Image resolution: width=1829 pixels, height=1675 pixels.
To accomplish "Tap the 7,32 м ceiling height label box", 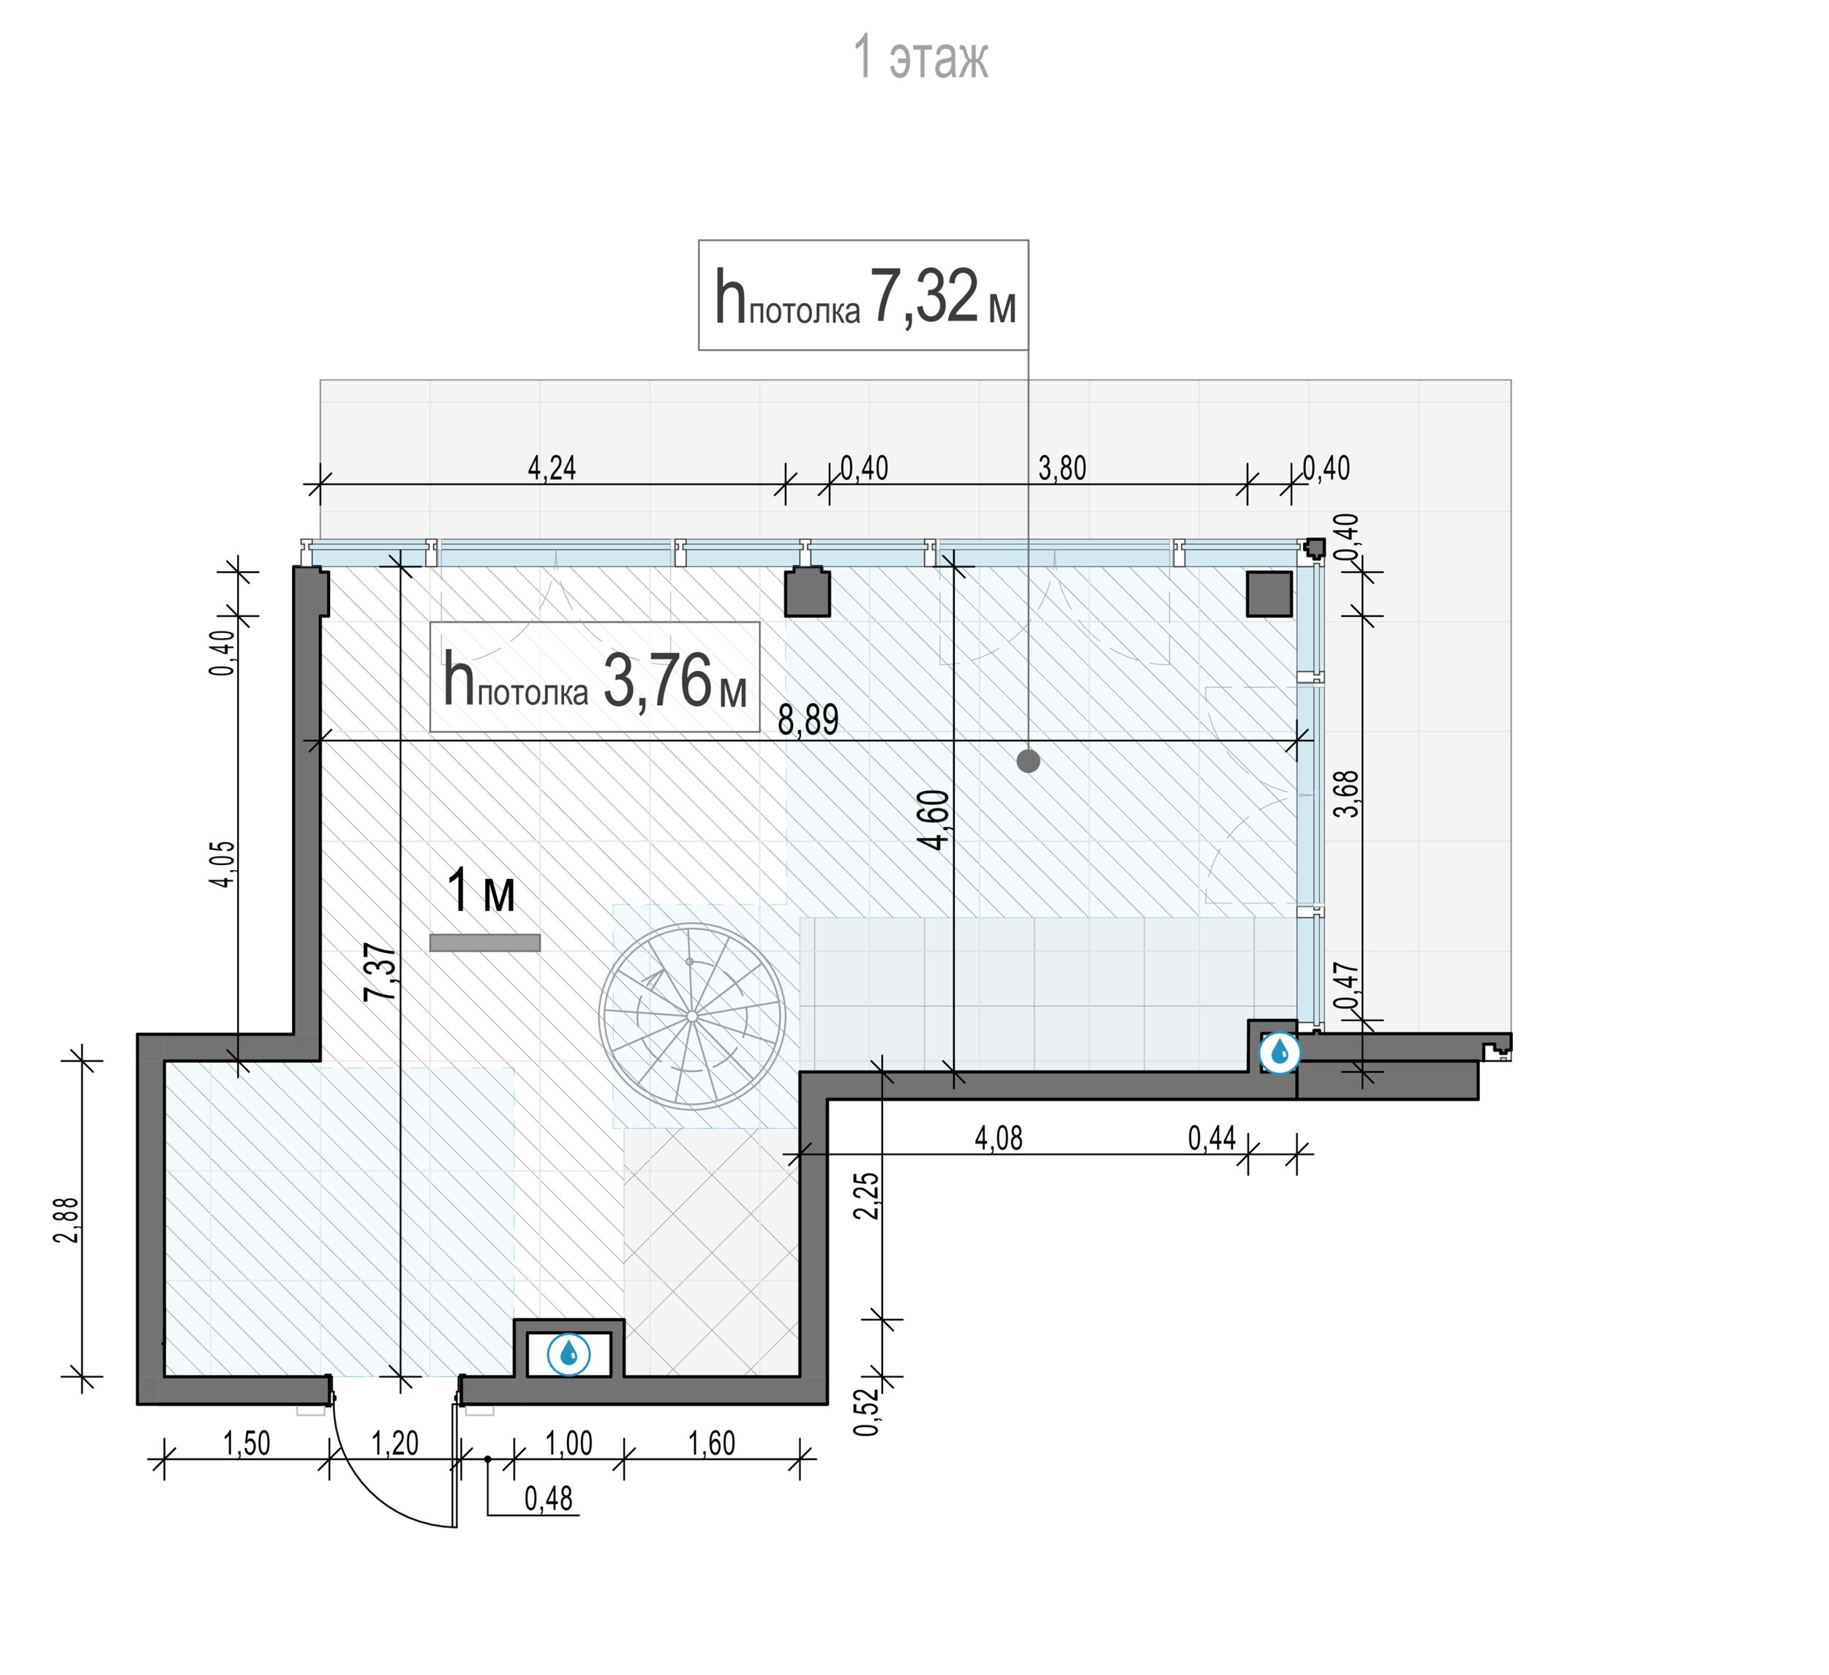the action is tap(863, 295).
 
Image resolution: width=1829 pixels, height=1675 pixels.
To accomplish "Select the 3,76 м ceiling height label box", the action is tap(594, 677).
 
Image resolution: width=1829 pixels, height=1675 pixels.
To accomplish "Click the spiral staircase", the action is tap(691, 1016).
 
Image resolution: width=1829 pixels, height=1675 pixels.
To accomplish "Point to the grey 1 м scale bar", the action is tap(484, 943).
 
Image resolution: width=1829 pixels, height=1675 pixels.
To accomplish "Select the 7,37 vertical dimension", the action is tap(381, 973).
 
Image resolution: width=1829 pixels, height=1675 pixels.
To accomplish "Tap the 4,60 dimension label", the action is tap(934, 820).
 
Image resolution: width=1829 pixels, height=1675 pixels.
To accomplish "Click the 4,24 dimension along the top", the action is tap(552, 468).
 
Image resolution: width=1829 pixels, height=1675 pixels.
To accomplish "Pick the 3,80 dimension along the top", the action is tap(1062, 468).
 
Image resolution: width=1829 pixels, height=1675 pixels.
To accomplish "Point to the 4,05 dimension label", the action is tap(223, 865).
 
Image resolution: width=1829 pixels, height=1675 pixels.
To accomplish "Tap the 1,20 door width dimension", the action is tap(394, 1443).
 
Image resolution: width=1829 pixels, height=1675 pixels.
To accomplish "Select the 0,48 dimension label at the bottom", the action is tap(549, 1498).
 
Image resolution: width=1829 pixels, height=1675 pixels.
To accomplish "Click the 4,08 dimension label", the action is tap(999, 1138).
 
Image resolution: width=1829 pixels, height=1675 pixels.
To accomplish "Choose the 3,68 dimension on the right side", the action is tap(1349, 794).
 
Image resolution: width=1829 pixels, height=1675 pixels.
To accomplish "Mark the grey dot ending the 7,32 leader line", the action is tap(1028, 761).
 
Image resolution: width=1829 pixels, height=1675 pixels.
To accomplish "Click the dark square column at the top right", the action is tap(1269, 594).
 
